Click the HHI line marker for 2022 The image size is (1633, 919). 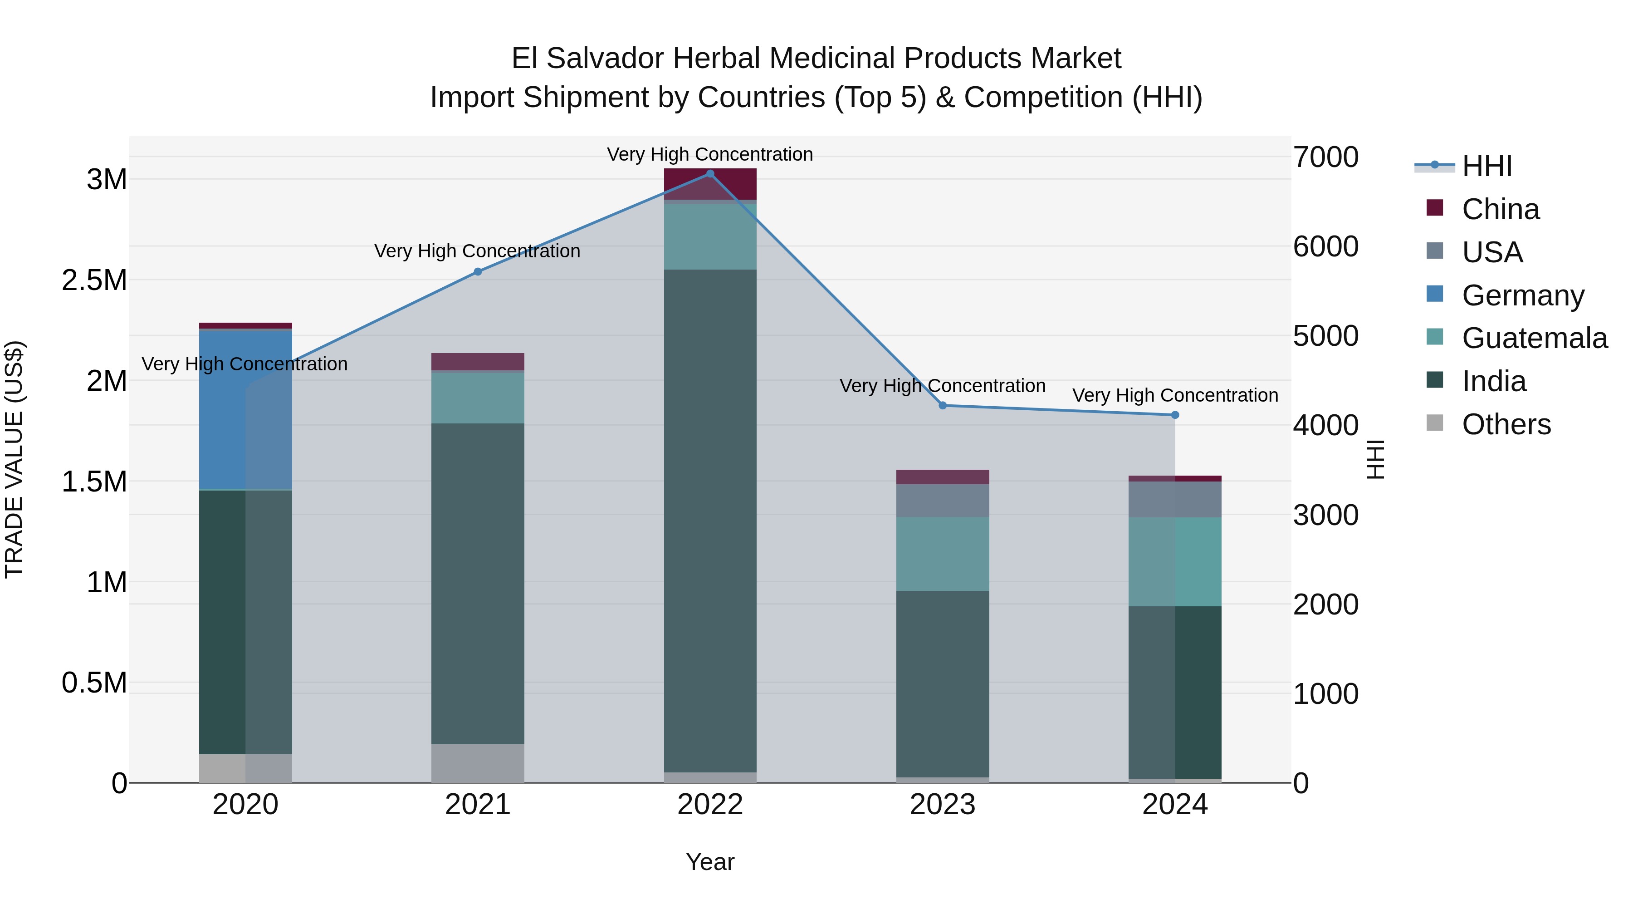[710, 174]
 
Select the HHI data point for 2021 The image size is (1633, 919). [478, 271]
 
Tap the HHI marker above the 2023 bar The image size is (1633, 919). [943, 405]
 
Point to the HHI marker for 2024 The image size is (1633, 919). [1175, 415]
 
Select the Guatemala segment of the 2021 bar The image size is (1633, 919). [478, 398]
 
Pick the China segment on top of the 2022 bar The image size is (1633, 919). [710, 184]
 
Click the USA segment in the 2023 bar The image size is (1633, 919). [943, 501]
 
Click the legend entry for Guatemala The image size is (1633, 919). [1534, 338]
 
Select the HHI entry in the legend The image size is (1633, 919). [1486, 166]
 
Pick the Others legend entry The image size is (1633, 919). [1506, 424]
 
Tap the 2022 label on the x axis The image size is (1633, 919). [710, 805]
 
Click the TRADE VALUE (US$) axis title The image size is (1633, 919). [15, 459]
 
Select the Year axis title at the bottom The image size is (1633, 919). [710, 862]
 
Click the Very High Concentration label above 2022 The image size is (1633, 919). [710, 154]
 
